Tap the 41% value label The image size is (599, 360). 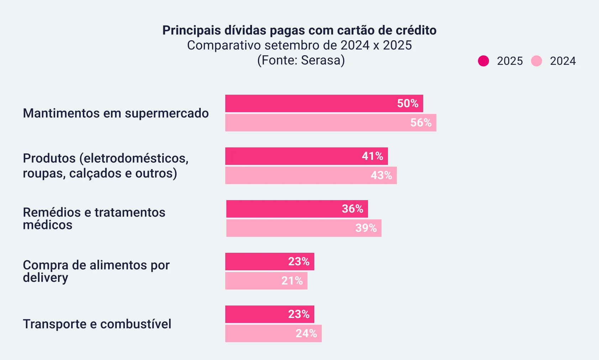[372, 156]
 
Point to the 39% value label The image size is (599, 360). [366, 228]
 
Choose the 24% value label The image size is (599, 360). [306, 333]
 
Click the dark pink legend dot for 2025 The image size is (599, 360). [483, 61]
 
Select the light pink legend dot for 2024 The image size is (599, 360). [536, 61]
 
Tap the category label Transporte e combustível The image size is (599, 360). [97, 324]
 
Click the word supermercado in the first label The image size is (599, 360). [167, 113]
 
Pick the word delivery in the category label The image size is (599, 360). [45, 277]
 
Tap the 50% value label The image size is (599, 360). [408, 103]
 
